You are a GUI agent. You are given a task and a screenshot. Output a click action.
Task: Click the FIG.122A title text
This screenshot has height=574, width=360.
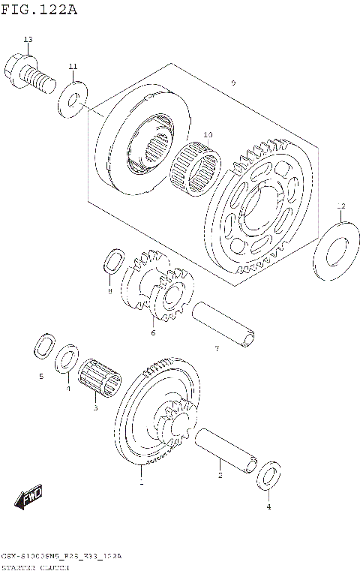[39, 10]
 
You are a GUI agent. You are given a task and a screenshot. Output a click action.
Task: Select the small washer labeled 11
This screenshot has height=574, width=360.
[73, 98]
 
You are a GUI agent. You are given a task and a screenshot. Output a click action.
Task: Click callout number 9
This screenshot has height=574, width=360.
[233, 82]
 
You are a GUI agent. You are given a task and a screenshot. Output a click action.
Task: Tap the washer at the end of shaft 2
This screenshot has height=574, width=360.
[269, 477]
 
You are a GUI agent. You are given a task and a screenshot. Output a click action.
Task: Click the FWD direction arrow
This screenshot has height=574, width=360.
[29, 498]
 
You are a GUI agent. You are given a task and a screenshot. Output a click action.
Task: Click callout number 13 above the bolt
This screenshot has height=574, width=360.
[28, 39]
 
